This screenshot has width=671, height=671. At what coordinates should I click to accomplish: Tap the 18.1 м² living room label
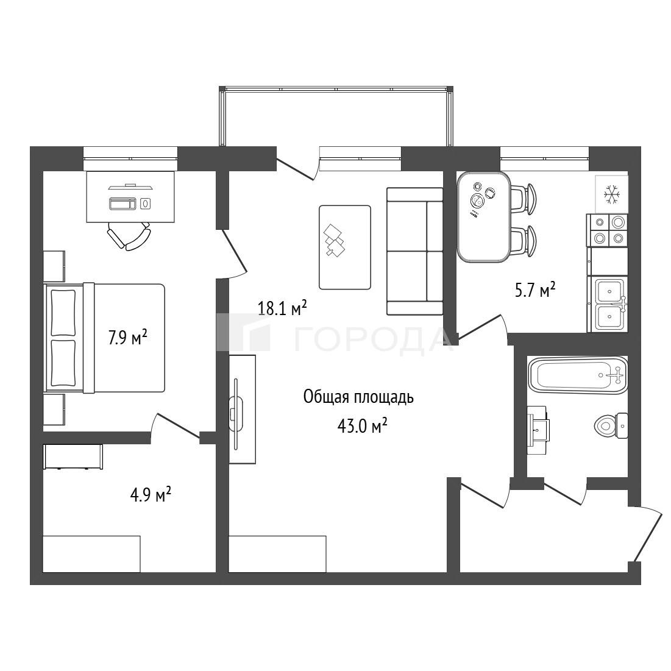(x=282, y=308)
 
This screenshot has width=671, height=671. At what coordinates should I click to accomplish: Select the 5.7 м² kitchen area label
(x=535, y=290)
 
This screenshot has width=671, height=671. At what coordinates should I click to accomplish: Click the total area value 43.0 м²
(x=363, y=426)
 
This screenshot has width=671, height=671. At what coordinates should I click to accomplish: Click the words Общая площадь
(x=358, y=397)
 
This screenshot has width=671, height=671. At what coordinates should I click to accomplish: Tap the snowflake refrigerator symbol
(x=611, y=194)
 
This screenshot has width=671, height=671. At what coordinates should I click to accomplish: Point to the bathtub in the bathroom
(x=578, y=375)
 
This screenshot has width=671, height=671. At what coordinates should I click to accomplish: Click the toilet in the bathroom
(x=611, y=425)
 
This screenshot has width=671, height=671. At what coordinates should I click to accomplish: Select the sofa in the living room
(x=414, y=251)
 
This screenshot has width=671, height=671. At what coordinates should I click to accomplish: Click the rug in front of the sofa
(x=345, y=247)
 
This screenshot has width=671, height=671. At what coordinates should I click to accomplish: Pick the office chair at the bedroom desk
(x=129, y=235)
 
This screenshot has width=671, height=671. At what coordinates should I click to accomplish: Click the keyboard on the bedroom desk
(x=124, y=204)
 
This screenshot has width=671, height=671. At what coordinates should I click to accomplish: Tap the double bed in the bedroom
(x=105, y=338)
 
